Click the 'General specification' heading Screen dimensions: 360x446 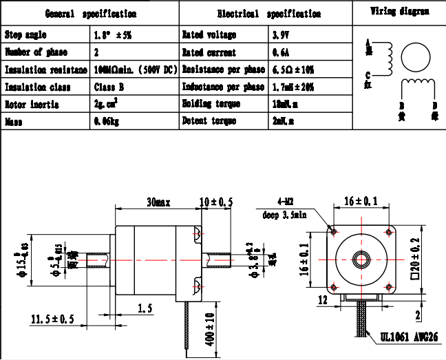pos(90,14)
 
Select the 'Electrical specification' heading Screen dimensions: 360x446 pos(268,14)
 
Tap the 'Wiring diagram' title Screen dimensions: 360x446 pos(400,11)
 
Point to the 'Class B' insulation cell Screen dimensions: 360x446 pos(109,87)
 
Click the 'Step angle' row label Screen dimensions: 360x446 pos(25,35)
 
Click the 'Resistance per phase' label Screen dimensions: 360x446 pos(223,70)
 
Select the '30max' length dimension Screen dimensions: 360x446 pos(158,203)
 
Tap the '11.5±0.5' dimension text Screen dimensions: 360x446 pos(52,319)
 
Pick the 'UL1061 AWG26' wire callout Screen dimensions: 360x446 pos(409,337)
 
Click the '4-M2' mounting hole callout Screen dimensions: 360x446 pos(286,203)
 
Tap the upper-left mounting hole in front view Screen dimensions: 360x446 pos(334,232)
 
